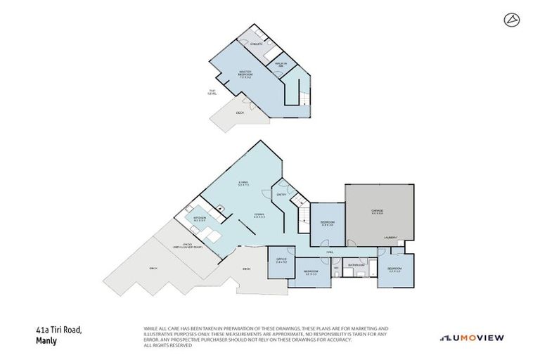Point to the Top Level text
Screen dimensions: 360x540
(x=212, y=92)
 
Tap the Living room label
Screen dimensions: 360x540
(x=244, y=184)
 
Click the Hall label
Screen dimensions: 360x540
(x=329, y=251)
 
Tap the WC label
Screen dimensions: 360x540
(x=336, y=267)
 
